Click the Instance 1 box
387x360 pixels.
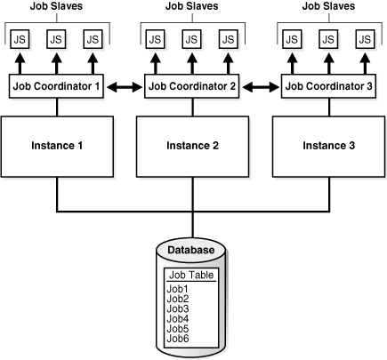pos(58,142)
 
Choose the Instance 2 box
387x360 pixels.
pos(193,142)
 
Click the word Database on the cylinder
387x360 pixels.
pos(191,250)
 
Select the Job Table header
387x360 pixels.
pos(191,275)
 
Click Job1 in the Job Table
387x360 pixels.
pos(178,288)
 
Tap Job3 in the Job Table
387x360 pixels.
pos(178,308)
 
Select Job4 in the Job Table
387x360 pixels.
pos(178,317)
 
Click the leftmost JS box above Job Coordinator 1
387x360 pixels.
pos(20,40)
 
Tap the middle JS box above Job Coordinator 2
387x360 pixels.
pos(192,40)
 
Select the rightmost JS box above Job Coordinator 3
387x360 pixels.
pos(364,40)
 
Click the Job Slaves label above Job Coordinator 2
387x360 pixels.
pos(192,7)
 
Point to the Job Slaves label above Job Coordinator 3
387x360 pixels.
pos(327,7)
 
